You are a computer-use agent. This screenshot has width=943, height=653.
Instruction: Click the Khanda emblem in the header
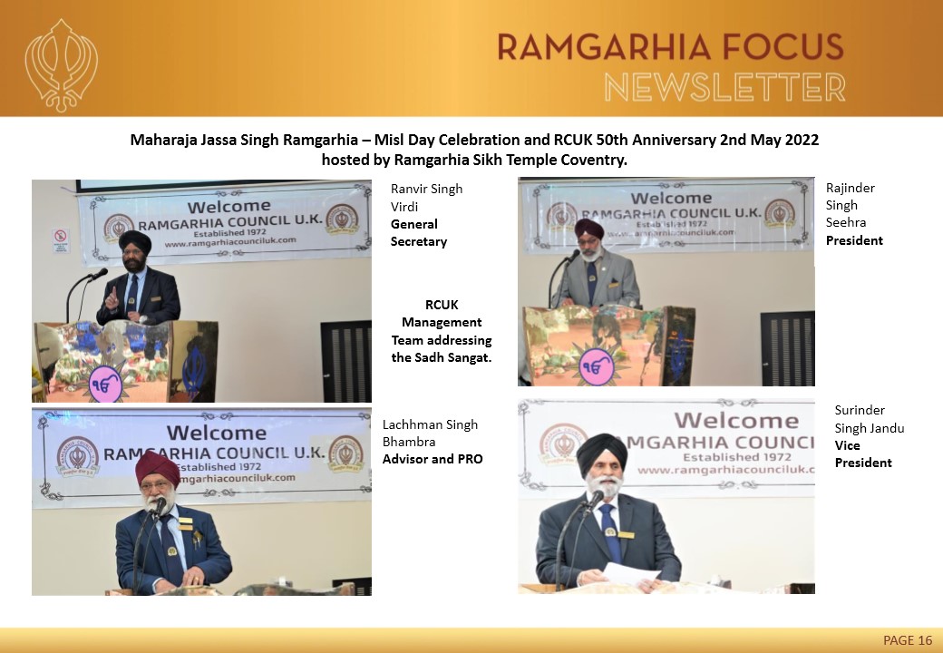(x=61, y=65)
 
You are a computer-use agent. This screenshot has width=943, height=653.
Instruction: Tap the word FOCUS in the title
(x=783, y=47)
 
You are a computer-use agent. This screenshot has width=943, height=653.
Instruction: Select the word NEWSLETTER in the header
(x=724, y=87)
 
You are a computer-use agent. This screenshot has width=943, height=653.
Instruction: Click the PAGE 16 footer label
(x=908, y=639)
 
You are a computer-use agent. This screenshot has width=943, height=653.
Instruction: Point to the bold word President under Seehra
(x=854, y=240)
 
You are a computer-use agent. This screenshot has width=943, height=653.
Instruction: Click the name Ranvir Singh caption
(x=426, y=189)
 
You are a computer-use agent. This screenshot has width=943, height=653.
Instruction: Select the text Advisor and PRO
(x=433, y=460)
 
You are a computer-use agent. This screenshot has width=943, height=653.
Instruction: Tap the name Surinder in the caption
(x=860, y=410)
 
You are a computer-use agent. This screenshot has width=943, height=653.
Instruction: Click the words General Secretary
(x=419, y=233)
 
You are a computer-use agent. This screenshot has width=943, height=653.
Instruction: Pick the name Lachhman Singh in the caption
(x=430, y=424)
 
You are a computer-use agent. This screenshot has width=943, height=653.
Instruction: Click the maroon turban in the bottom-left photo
(x=157, y=468)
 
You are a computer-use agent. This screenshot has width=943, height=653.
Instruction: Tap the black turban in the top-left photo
(x=135, y=240)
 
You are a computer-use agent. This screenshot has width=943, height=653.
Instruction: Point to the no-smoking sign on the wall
(x=61, y=240)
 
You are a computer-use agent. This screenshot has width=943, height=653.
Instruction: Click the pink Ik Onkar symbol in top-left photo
(x=105, y=385)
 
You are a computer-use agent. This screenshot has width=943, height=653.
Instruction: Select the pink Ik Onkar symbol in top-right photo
(x=596, y=366)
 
